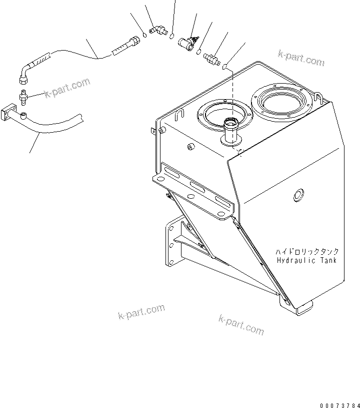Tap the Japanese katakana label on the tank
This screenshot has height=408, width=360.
click(x=306, y=252)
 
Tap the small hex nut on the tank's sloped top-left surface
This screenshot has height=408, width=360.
click(x=190, y=147)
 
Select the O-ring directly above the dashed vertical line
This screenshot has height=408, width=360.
click(x=225, y=66)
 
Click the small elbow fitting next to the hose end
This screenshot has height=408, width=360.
click(x=159, y=32)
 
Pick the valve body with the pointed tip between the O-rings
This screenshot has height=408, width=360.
click(x=189, y=43)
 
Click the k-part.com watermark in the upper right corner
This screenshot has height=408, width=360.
click(x=301, y=58)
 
